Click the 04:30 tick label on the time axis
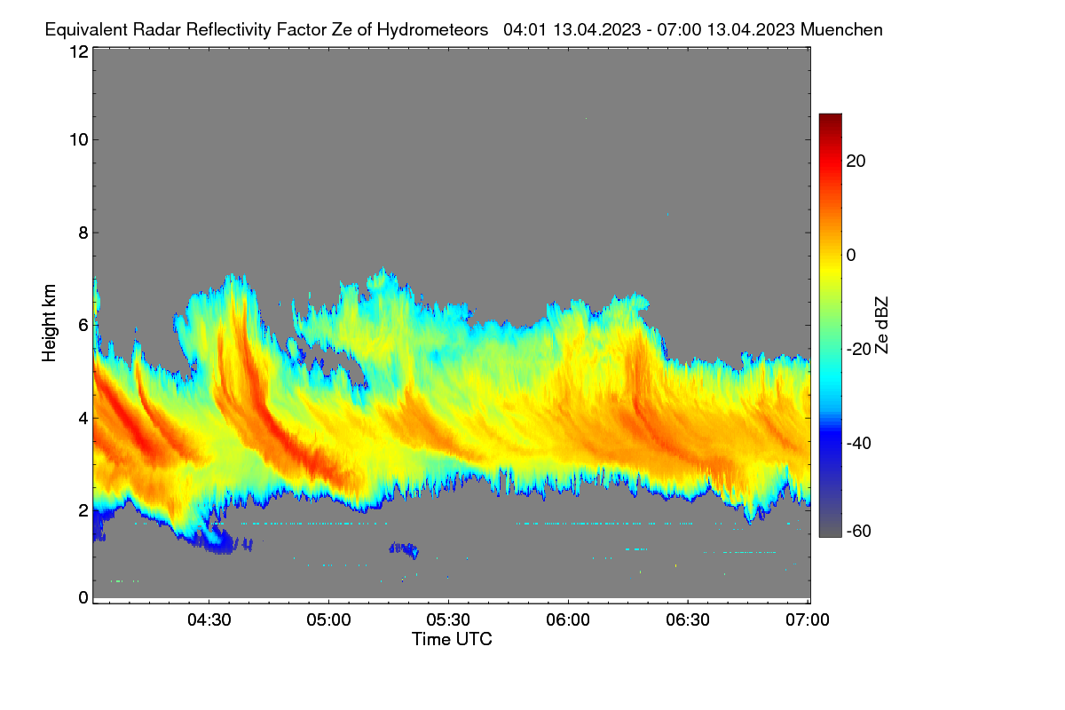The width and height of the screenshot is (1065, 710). [209, 619]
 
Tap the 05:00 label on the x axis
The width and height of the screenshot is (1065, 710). [328, 619]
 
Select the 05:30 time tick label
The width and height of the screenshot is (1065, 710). [448, 619]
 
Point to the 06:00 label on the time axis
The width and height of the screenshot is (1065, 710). [568, 619]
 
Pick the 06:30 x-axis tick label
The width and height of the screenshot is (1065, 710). [688, 619]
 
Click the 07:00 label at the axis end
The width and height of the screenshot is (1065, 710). [808, 619]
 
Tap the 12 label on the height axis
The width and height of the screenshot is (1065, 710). [79, 51]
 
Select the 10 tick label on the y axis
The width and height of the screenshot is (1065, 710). [79, 140]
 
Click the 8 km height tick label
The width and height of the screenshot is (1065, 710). [83, 233]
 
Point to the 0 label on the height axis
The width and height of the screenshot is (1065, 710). [83, 597]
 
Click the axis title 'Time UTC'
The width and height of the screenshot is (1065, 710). [452, 639]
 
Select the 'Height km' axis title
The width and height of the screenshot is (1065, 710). [49, 323]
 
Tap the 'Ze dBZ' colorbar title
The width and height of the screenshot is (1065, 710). [881, 326]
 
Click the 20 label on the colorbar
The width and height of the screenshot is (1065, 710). [856, 162]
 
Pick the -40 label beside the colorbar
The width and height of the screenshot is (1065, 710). [859, 443]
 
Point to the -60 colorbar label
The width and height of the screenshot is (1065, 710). [859, 532]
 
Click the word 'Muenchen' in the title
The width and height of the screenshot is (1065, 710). [841, 30]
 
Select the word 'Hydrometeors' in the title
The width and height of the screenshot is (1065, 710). [433, 30]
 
